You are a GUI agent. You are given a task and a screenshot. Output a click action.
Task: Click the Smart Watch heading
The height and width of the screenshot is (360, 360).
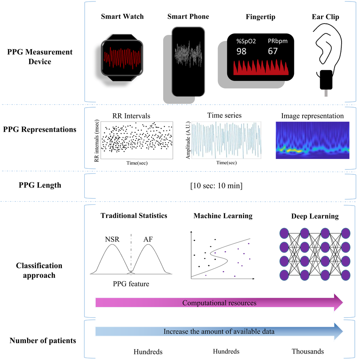click(122, 16)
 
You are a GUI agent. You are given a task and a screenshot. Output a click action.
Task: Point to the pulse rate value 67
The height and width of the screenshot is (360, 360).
click(273, 51)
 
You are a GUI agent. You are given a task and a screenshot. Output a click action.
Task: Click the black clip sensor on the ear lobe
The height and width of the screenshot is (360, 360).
click(326, 80)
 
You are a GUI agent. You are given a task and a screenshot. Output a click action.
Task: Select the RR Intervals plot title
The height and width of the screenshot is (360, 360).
click(131, 115)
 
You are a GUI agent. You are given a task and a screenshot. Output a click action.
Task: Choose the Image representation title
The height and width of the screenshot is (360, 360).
click(312, 116)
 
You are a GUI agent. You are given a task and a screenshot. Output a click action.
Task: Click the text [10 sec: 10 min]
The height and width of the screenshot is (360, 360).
click(216, 186)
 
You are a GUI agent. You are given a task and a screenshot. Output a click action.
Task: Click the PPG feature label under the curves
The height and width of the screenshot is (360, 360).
click(131, 284)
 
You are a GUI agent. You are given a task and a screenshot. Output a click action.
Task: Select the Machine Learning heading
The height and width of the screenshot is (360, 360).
click(223, 216)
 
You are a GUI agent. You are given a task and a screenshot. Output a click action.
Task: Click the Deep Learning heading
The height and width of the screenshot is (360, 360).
click(315, 216)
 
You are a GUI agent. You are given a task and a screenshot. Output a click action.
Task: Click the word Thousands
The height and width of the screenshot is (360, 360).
click(307, 351)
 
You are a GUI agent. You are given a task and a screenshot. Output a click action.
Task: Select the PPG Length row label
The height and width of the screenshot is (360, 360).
click(39, 185)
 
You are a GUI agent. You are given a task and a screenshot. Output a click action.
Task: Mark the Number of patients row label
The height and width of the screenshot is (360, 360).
click(43, 340)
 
